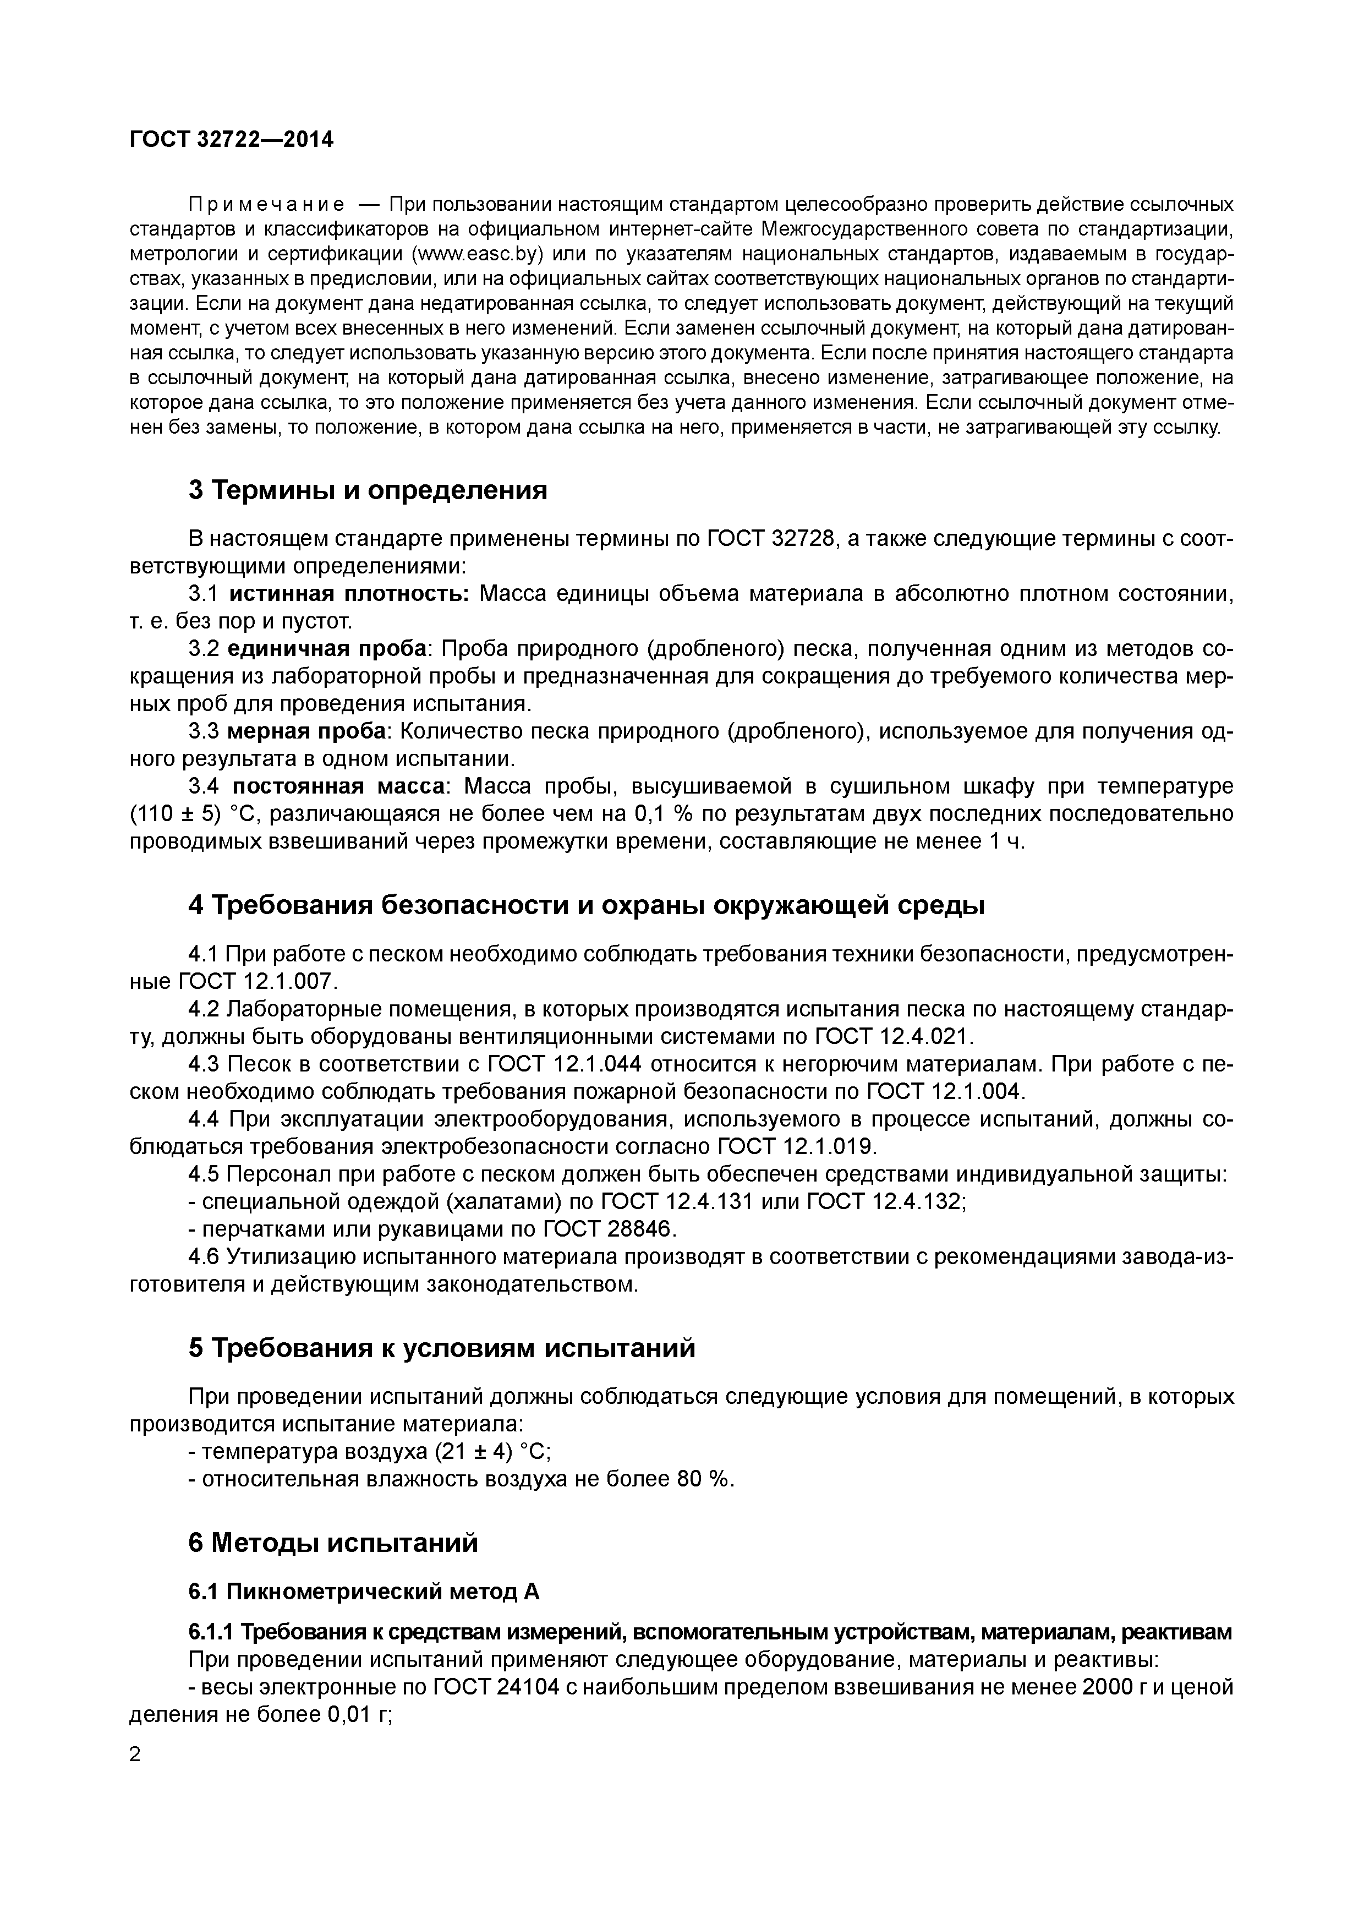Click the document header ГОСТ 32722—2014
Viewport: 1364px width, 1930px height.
pos(231,140)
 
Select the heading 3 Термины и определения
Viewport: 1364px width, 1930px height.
pos(367,490)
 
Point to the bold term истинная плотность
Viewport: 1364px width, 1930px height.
pos(349,594)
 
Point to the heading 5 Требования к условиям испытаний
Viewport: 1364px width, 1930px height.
pos(442,1348)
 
